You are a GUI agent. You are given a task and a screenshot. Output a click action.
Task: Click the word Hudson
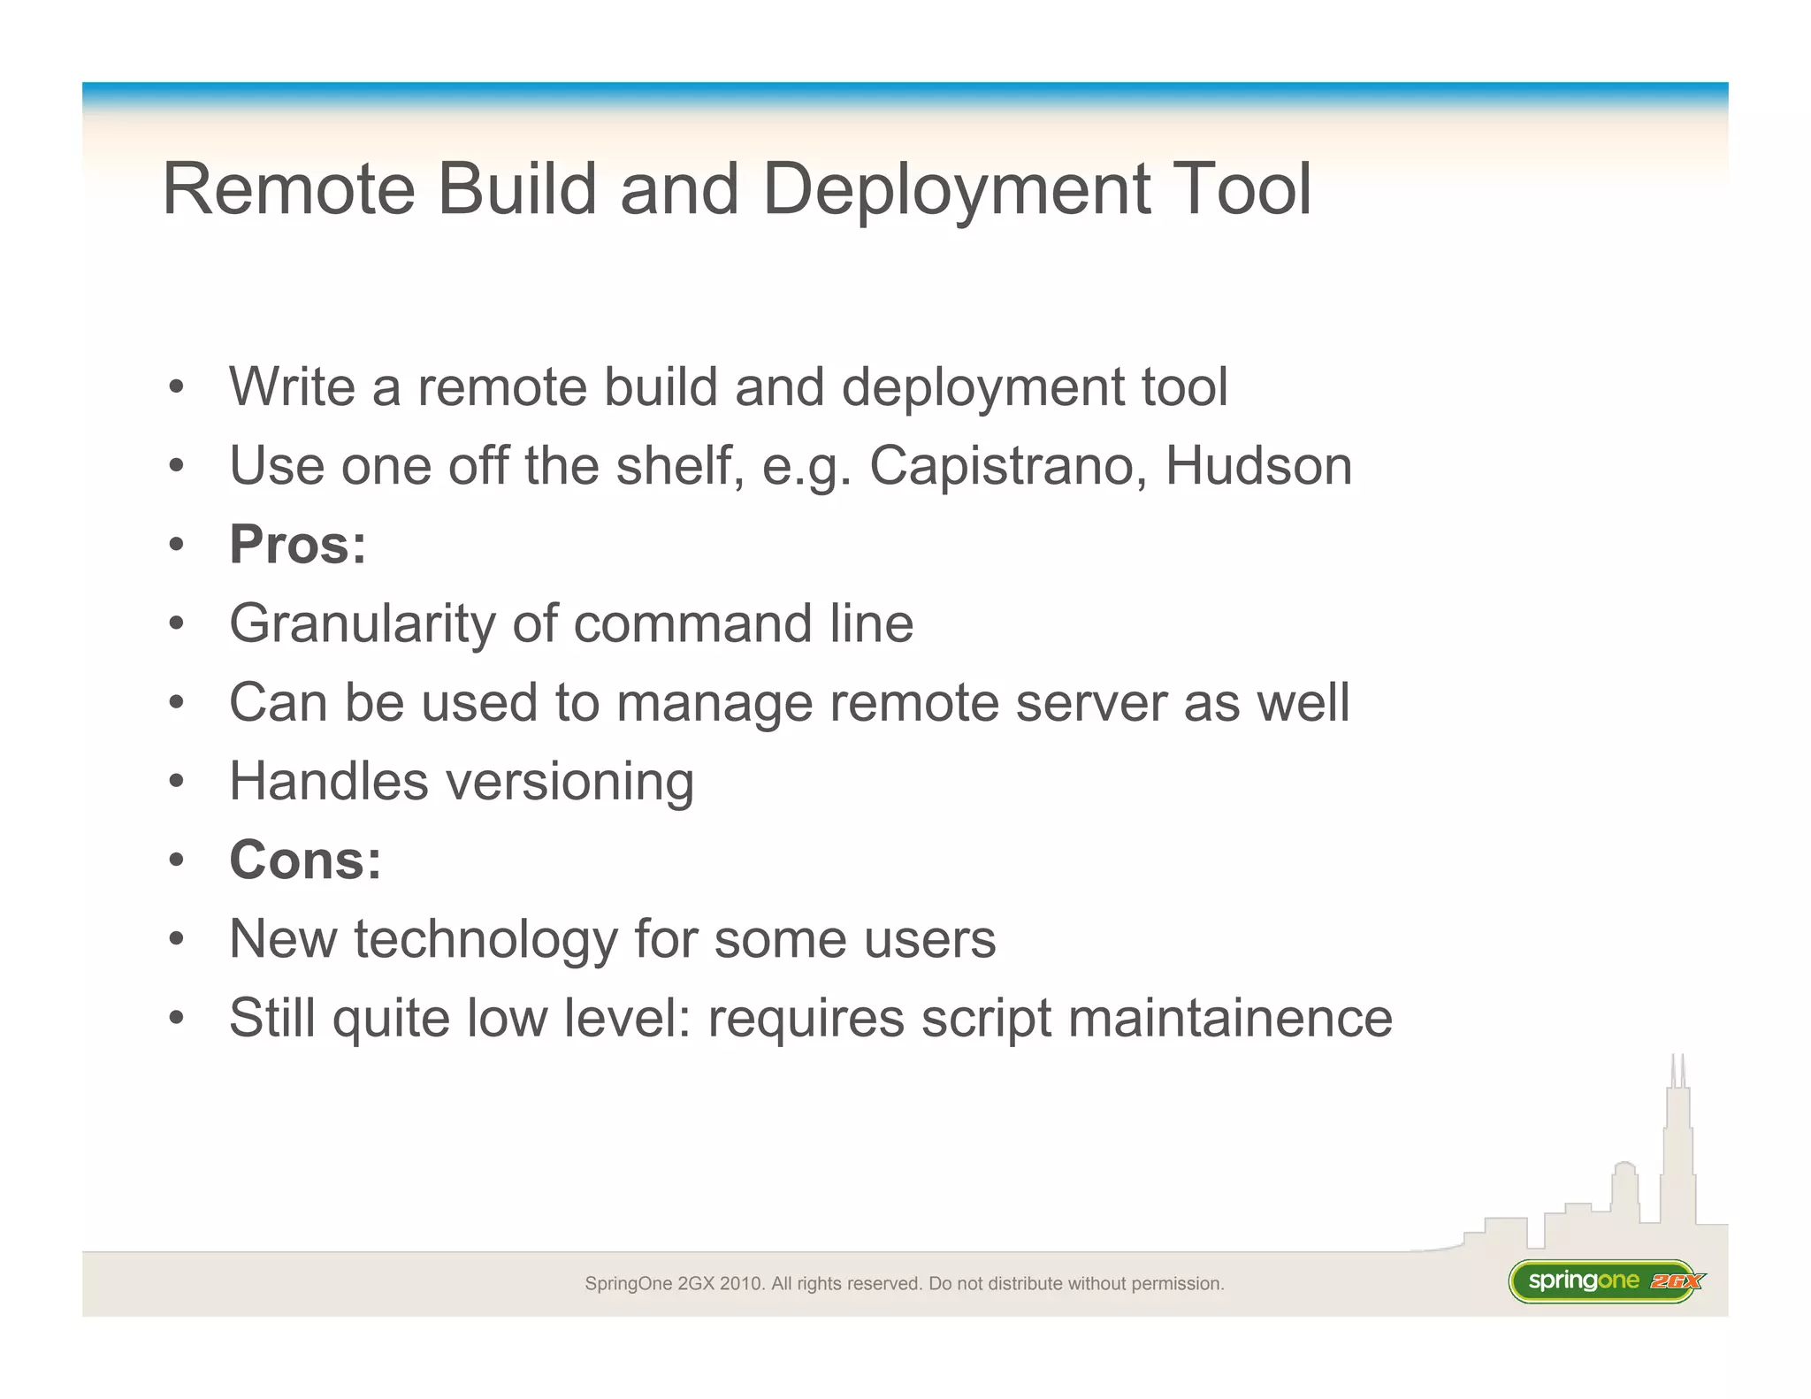point(1258,466)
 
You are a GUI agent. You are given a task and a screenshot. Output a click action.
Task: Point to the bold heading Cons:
point(305,860)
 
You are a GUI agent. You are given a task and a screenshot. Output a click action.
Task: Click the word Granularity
point(361,624)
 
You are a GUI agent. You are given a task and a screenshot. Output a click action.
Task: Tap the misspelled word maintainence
point(1230,1018)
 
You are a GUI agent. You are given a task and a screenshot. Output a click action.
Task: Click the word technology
point(485,939)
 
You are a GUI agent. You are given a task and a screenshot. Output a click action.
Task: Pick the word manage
point(714,704)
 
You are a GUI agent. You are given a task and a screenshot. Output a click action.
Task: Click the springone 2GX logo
point(1605,1281)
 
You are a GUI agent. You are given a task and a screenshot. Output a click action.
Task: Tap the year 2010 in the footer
point(742,1284)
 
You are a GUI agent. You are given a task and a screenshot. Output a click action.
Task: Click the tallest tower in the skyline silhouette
point(1677,1150)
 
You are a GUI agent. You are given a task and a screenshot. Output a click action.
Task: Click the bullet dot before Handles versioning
point(177,782)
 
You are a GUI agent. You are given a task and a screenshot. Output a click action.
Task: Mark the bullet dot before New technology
point(177,939)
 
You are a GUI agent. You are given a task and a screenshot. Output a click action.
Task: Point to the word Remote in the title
point(289,189)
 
